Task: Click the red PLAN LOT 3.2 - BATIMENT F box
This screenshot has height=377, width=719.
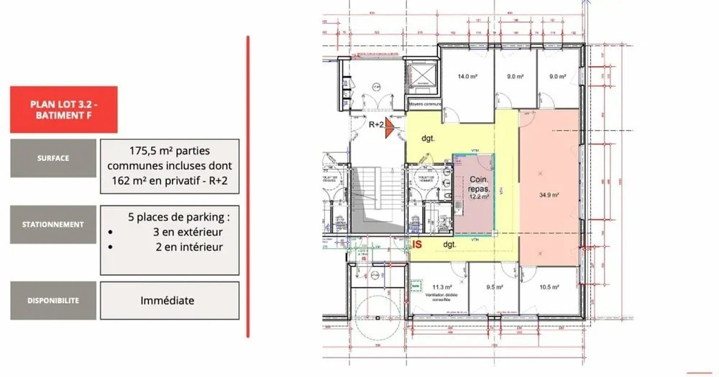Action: coord(64,109)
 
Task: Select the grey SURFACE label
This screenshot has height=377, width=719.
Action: coord(53,158)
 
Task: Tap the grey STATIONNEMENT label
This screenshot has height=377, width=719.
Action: coord(53,224)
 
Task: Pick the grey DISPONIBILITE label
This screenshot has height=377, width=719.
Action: coord(53,301)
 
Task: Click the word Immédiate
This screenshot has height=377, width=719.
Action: coord(167,301)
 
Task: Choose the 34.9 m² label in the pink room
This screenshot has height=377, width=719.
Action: coord(549,194)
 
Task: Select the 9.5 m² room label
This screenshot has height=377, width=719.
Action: coord(493,287)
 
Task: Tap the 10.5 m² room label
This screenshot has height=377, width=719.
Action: coord(549,287)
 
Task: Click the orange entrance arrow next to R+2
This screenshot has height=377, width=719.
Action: coord(388,128)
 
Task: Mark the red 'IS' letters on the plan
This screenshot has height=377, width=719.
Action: coord(416,245)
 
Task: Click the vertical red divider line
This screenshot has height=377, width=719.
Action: coord(248,187)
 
